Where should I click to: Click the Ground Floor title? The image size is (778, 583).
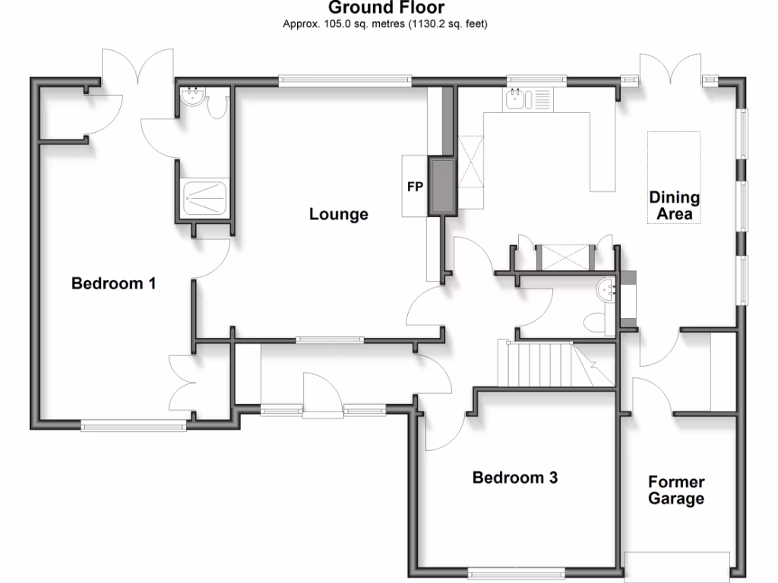point(386,8)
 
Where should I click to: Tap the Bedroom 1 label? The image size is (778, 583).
point(113,284)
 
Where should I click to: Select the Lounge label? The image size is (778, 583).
point(338,214)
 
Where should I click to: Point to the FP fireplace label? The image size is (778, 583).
point(415,187)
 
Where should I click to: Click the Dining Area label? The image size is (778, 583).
point(674,206)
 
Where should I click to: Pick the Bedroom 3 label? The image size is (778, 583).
point(515,477)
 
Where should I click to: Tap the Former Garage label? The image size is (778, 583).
point(675,490)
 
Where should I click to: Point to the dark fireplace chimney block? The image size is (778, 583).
point(441,186)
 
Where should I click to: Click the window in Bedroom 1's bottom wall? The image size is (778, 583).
point(134,427)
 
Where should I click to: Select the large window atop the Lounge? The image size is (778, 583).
point(345,78)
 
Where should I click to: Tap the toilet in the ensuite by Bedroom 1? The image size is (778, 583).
point(218,107)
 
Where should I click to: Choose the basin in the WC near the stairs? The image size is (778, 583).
point(607,288)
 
